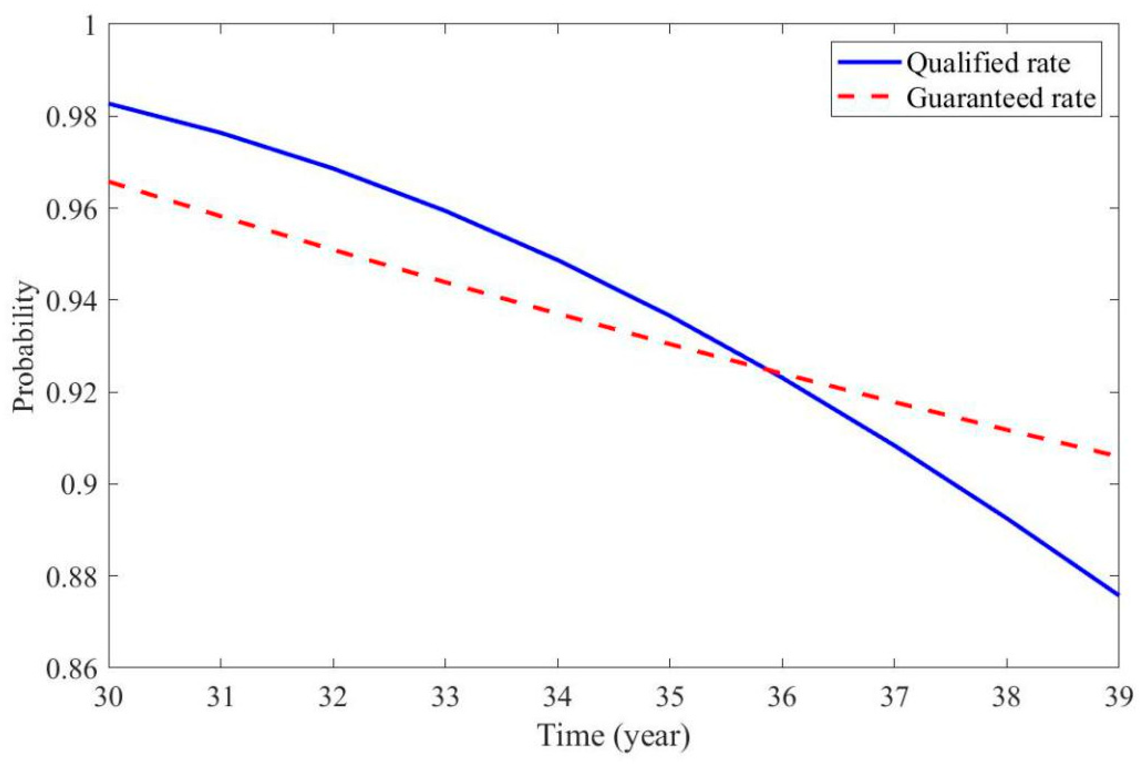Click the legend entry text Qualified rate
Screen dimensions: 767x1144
coord(988,64)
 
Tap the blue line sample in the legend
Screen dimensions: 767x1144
coord(869,62)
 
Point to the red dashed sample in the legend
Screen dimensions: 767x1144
coord(869,97)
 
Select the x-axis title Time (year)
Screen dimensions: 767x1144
coord(614,735)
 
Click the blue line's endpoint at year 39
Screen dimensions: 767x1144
coord(1118,595)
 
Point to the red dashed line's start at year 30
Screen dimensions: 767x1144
coord(110,182)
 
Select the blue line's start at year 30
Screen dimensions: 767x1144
coord(110,103)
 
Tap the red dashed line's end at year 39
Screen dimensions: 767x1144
coord(1117,455)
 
